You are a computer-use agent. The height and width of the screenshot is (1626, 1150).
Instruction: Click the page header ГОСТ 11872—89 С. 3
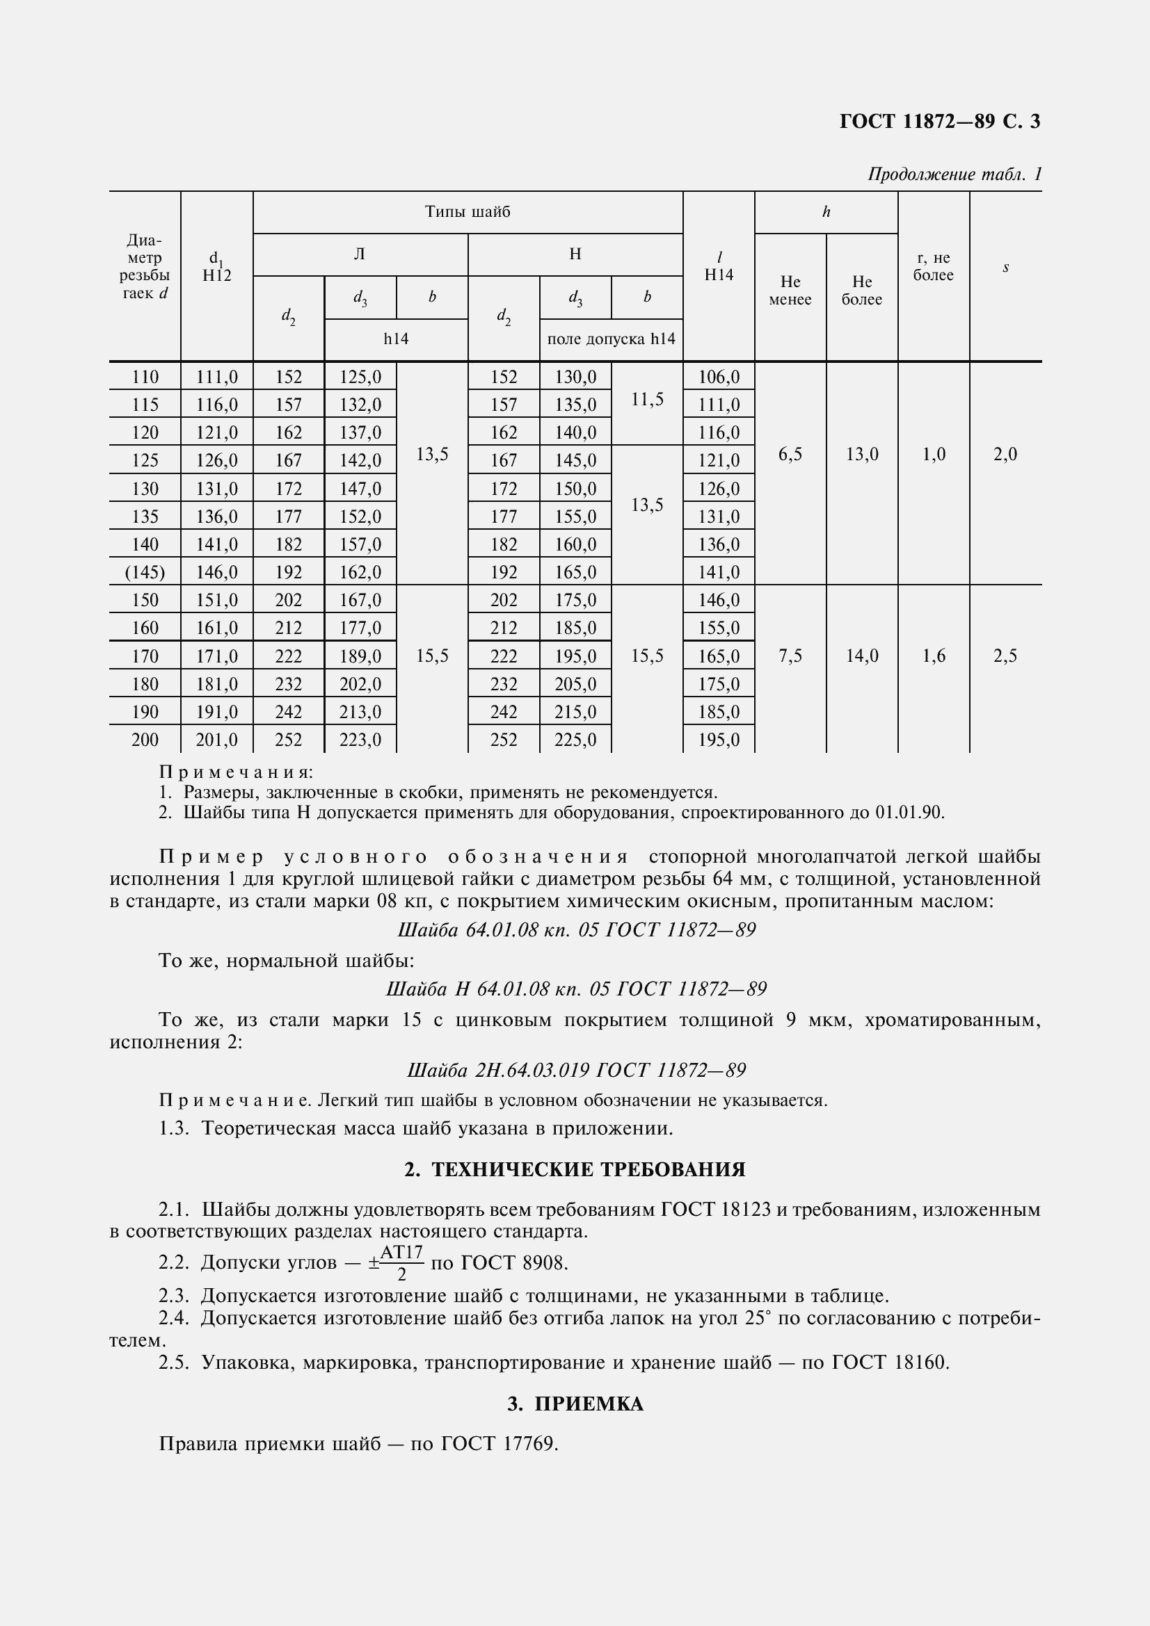[x=940, y=122]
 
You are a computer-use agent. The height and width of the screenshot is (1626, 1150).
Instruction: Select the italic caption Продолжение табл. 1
[x=955, y=174]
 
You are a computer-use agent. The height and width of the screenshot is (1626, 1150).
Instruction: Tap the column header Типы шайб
[x=468, y=212]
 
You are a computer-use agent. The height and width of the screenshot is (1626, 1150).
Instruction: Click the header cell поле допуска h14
[x=611, y=339]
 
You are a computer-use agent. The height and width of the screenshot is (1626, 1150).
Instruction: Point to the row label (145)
[x=145, y=571]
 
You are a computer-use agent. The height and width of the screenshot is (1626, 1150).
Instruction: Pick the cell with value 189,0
[x=360, y=656]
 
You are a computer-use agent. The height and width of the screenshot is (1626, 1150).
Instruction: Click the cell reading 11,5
[x=647, y=400]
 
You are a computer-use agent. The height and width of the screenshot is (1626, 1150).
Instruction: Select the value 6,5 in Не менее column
[x=790, y=455]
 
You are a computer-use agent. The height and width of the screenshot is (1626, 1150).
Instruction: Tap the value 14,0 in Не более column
[x=861, y=656]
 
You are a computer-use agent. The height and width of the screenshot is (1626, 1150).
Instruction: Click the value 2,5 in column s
[x=1005, y=656]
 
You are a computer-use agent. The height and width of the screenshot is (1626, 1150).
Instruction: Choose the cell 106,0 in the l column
[x=719, y=377]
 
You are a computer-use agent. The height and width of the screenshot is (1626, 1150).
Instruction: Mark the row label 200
[x=145, y=740]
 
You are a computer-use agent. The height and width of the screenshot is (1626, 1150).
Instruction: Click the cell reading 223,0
[x=360, y=740]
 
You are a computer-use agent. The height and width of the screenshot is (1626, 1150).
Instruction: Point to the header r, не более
[x=932, y=267]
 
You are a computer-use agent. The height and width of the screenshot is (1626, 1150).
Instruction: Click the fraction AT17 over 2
[x=401, y=1263]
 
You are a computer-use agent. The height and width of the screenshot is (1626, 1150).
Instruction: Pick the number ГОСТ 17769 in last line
[x=500, y=1443]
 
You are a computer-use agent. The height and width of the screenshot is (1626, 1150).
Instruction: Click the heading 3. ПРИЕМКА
[x=575, y=1404]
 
